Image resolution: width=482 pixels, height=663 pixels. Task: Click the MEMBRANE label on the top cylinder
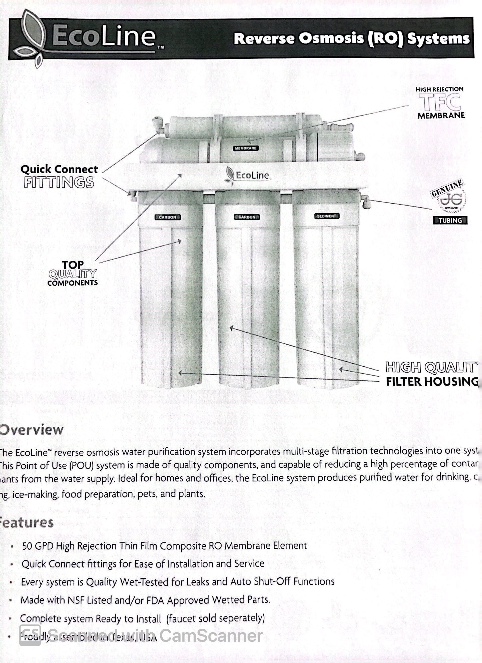(246, 148)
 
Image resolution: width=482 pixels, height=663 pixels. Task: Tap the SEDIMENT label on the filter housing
(326, 216)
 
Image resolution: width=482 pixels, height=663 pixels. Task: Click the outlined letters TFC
(440, 102)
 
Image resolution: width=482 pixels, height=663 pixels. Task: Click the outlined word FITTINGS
(59, 182)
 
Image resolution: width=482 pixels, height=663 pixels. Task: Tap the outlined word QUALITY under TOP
(73, 274)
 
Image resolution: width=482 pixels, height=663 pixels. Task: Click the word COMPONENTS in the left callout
(73, 283)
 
